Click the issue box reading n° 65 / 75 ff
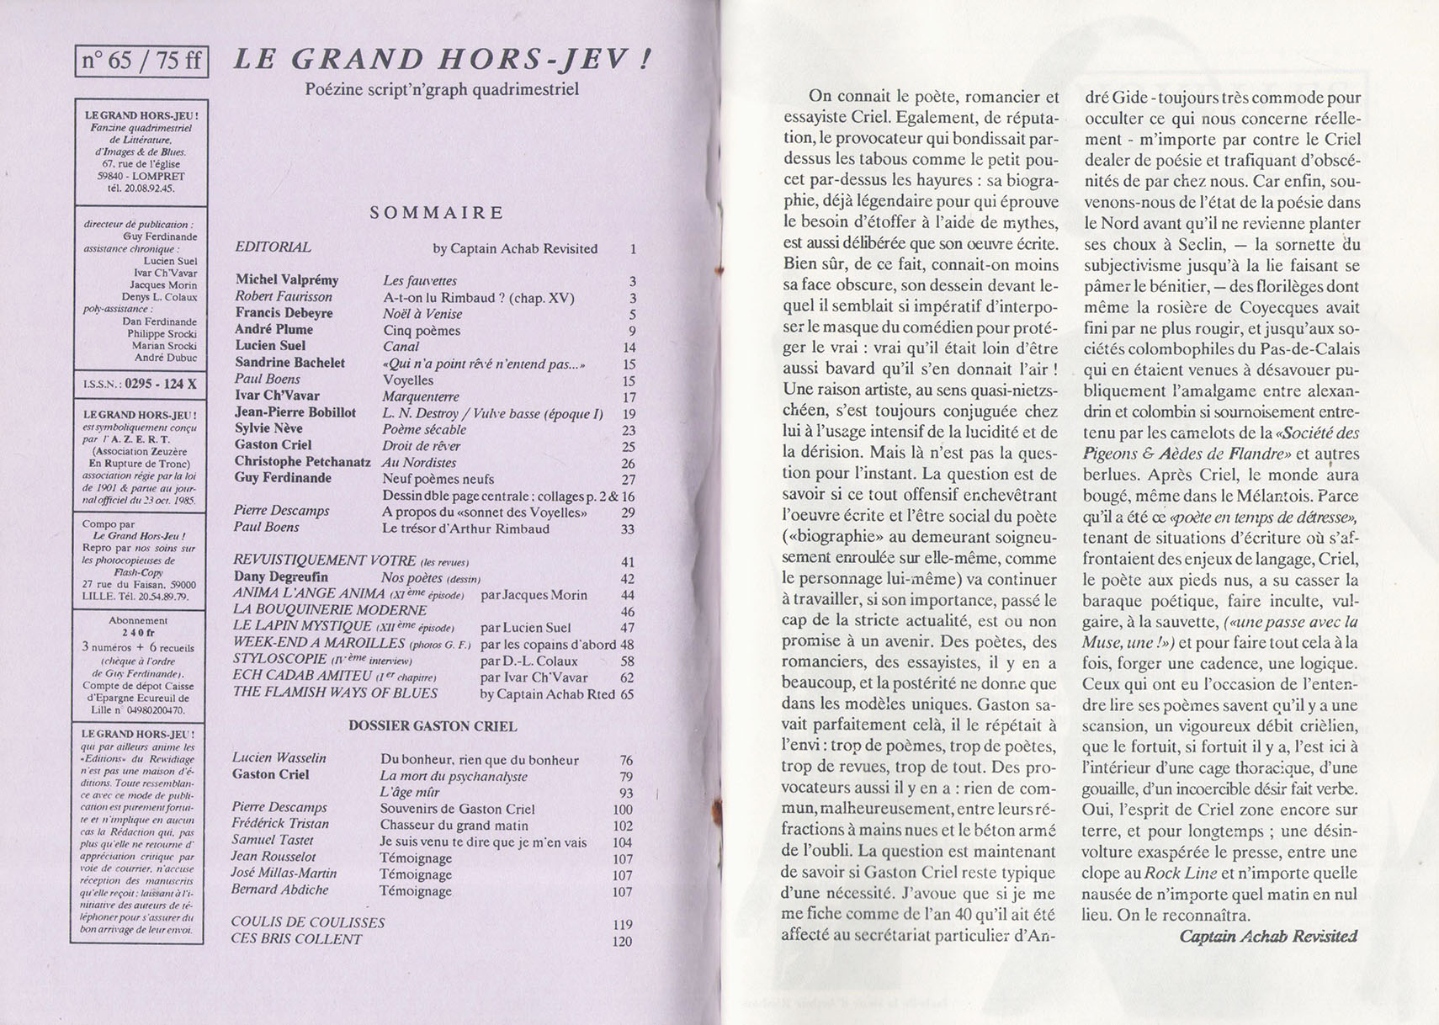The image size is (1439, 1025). pos(141,61)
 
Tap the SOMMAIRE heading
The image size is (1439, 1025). pos(437,213)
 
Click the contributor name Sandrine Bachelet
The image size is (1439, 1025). pos(289,363)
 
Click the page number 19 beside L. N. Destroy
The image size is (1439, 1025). pos(629,414)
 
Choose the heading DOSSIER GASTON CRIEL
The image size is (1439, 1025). pos(433,726)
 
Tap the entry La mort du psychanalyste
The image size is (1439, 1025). pos(454,776)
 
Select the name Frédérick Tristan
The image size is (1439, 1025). pos(280,824)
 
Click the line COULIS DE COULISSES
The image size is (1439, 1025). pos(307,922)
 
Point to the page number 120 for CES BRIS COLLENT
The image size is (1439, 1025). pos(622,941)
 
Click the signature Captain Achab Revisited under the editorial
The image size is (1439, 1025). pos(1268,936)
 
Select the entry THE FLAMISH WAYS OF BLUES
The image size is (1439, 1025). pos(335,693)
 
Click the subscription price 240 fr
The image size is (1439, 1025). pos(139,634)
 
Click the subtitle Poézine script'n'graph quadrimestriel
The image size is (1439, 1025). pos(441,89)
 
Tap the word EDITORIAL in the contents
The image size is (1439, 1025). pos(273,247)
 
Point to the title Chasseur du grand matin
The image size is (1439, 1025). pos(454,826)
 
